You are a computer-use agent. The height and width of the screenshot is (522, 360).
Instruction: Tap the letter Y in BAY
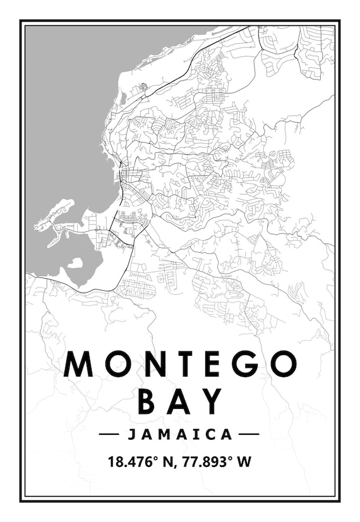(x=212, y=401)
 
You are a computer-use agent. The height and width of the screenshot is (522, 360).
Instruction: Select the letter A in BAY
(x=180, y=401)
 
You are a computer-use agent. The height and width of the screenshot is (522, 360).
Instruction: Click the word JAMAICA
(x=180, y=434)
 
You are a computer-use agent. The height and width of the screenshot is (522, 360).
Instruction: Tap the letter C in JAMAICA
(x=210, y=434)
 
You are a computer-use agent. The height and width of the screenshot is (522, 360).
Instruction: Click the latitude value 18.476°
(x=133, y=462)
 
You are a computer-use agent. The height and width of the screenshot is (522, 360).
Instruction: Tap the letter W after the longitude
(x=244, y=462)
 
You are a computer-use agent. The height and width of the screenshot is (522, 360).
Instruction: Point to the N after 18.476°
(x=168, y=462)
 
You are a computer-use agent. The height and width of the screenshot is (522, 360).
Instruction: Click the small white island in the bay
(x=75, y=262)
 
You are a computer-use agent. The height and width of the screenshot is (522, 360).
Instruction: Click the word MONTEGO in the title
(x=180, y=364)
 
